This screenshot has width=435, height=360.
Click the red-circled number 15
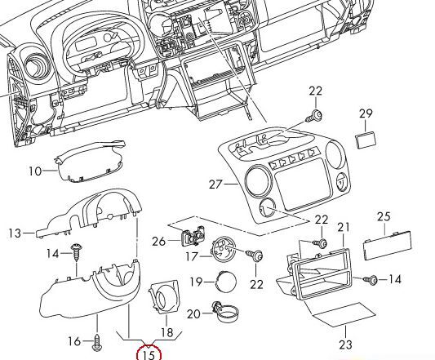149,353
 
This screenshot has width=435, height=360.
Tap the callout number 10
35,171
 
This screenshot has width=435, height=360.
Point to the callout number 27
215,184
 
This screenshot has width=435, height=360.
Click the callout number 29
365,113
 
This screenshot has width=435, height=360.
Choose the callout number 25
384,216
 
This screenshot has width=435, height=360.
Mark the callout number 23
345,344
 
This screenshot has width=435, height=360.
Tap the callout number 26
158,240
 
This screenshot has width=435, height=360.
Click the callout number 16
73,340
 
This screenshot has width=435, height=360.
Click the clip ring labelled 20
224,311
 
